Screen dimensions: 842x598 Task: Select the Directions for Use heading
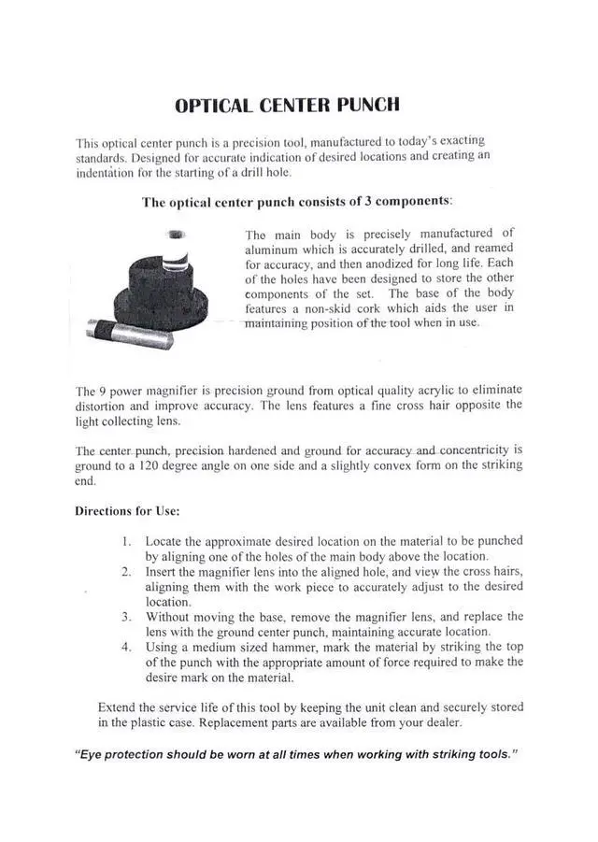pyautogui.click(x=127, y=511)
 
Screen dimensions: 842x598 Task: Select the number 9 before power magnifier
pyautogui.click(x=103, y=390)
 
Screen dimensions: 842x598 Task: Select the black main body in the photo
pyautogui.click(x=154, y=285)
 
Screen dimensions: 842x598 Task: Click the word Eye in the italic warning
pyautogui.click(x=87, y=754)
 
